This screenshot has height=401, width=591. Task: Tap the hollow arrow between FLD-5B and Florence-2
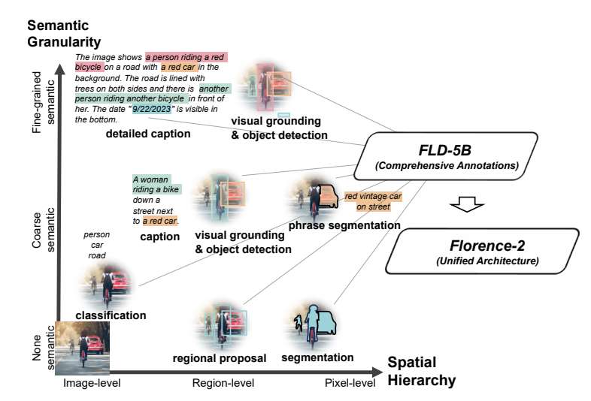tap(465, 204)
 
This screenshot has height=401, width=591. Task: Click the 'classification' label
tap(112, 315)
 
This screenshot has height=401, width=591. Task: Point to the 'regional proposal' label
tap(220, 358)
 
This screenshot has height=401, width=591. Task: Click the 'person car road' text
tap(96, 245)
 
